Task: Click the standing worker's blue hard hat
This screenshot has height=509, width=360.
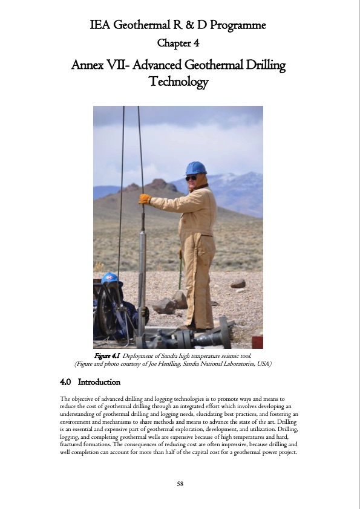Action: [x=195, y=167]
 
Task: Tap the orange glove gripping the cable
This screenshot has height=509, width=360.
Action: [x=145, y=198]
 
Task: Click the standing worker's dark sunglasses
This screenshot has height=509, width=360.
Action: [x=191, y=178]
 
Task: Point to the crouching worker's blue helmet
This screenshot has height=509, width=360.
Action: [x=110, y=278]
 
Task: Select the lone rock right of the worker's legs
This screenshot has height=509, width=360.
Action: [x=238, y=284]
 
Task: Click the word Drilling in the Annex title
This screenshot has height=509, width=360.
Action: [x=264, y=64]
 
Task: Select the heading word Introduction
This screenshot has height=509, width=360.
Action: [x=99, y=382]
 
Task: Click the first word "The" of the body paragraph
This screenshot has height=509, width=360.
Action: [x=65, y=398]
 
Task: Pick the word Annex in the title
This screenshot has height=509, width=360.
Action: [x=87, y=64]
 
